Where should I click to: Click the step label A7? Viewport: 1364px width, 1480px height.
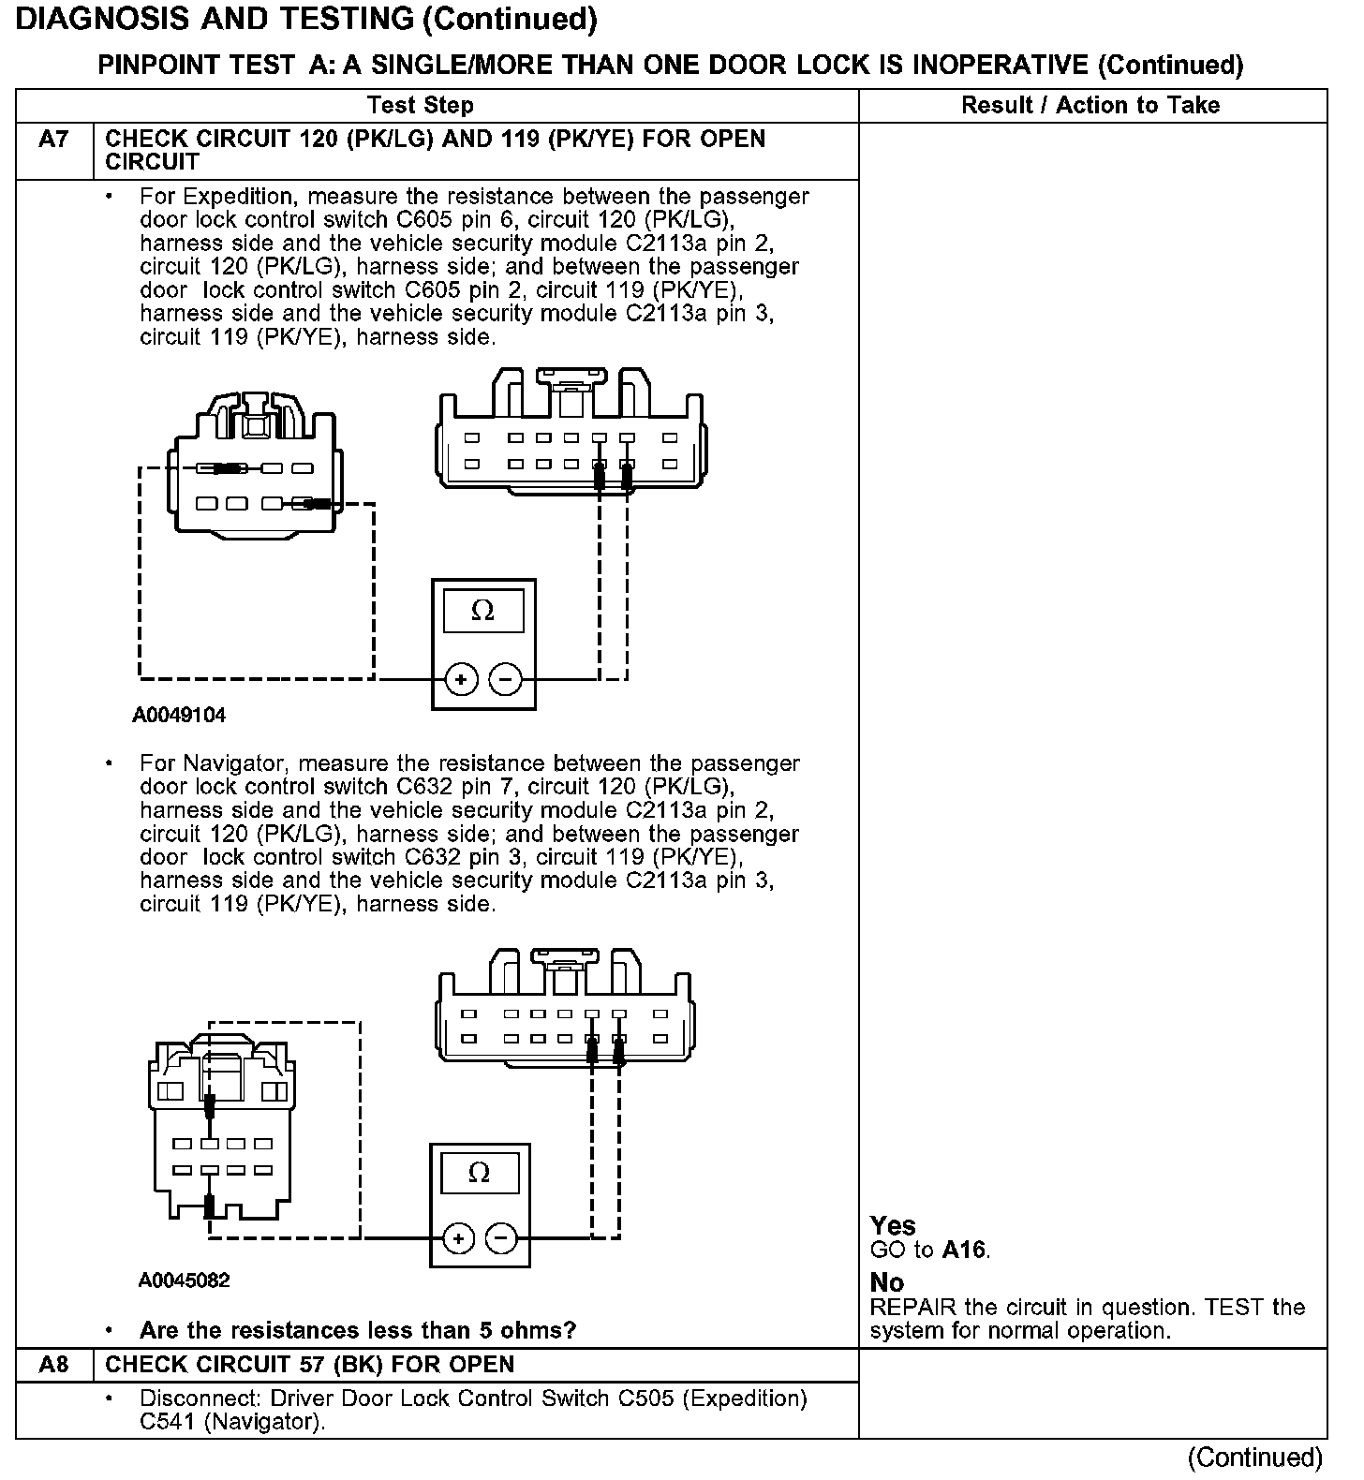click(x=53, y=140)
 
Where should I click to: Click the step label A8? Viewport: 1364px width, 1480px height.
click(x=53, y=1364)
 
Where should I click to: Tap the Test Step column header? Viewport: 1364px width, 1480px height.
click(x=421, y=105)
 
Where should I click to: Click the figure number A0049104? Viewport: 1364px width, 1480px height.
click(x=179, y=716)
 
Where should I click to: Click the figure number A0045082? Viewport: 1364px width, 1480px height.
click(x=184, y=1280)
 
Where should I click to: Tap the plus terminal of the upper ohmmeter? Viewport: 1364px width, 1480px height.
click(x=461, y=679)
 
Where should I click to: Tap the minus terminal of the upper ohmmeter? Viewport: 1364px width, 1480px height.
click(x=506, y=679)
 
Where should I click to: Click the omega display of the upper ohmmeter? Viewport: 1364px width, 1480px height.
click(x=482, y=611)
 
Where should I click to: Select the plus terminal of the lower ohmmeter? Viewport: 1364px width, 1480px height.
click(x=458, y=1239)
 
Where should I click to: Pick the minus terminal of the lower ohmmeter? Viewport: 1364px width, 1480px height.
click(x=501, y=1239)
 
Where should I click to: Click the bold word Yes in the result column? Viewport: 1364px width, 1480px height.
click(x=893, y=1226)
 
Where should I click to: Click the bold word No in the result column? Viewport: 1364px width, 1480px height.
click(x=886, y=1282)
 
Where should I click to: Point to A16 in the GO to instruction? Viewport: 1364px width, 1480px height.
click(x=965, y=1250)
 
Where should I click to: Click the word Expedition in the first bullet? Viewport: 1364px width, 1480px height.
click(x=239, y=197)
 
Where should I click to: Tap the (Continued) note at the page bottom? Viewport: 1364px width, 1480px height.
click(x=1254, y=1458)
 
